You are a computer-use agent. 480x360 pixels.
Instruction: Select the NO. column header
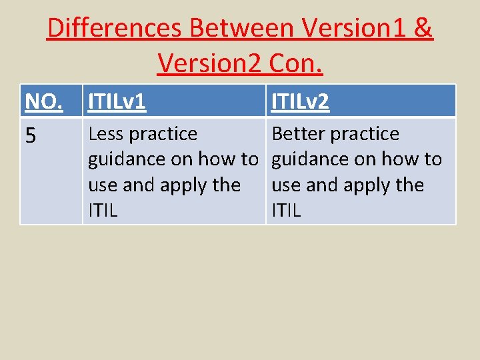click(x=43, y=102)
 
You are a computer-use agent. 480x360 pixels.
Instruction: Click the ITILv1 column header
click(x=117, y=102)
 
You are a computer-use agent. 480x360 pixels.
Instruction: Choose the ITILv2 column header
click(x=301, y=102)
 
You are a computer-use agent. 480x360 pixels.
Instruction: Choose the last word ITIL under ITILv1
click(x=103, y=211)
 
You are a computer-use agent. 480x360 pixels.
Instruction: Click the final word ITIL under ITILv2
click(x=287, y=211)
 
